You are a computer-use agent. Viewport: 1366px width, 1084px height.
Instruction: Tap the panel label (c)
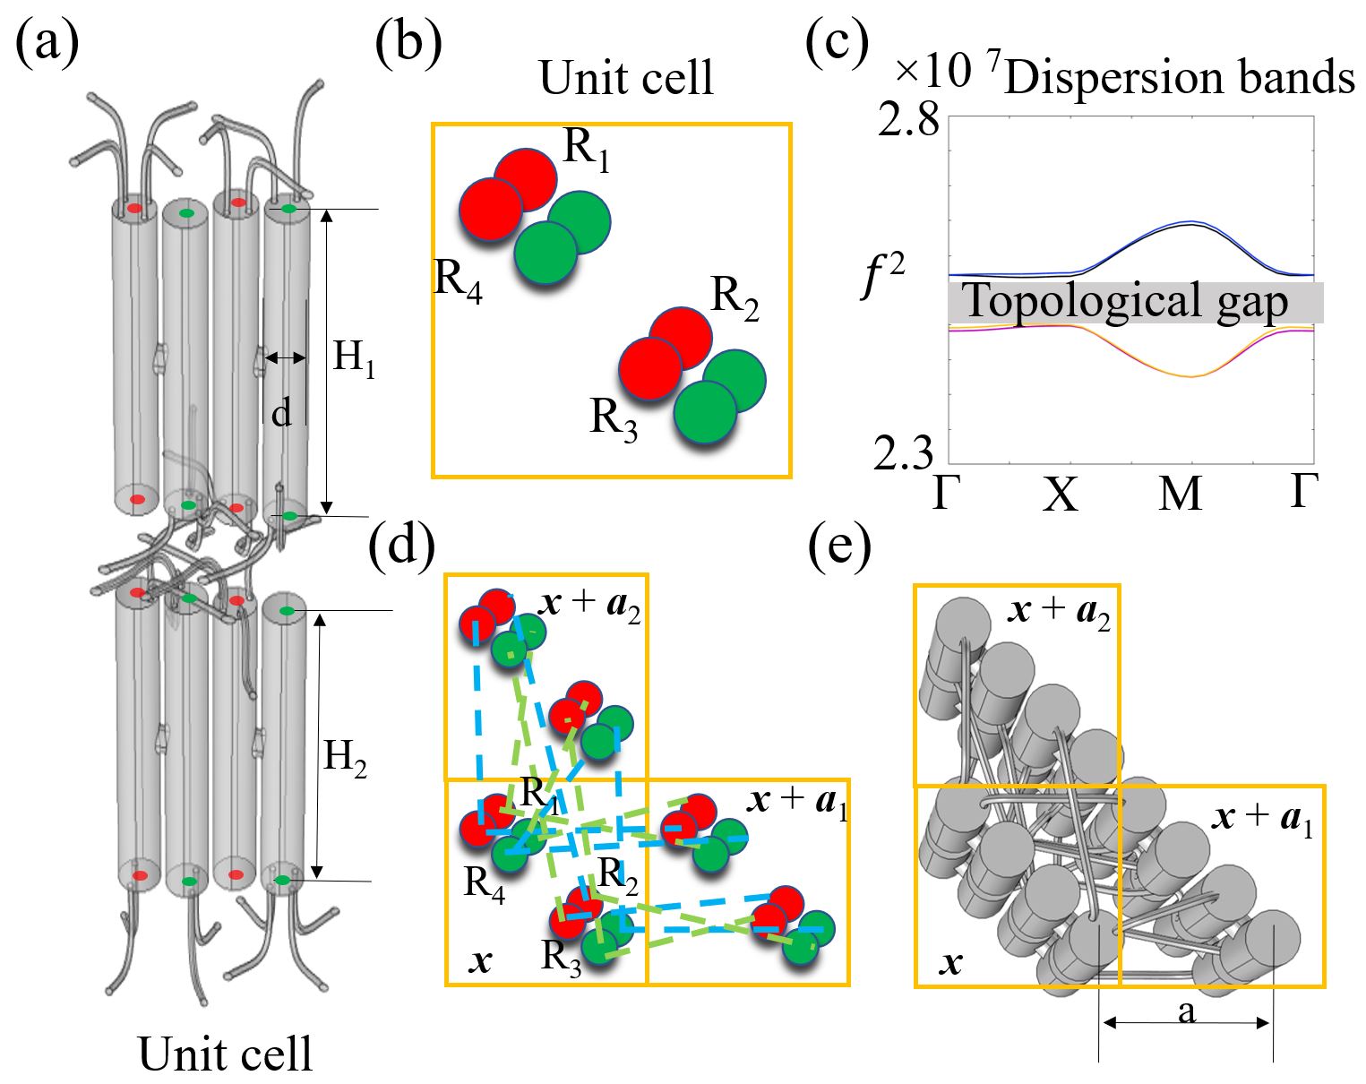point(838,43)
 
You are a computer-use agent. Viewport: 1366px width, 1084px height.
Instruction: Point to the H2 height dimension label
point(345,758)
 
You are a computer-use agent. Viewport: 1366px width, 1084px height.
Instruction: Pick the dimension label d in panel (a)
point(281,413)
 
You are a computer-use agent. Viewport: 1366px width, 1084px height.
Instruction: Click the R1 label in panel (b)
point(587,150)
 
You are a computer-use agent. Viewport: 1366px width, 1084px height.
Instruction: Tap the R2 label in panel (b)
point(735,297)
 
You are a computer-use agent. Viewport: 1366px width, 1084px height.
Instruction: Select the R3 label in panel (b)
point(614,418)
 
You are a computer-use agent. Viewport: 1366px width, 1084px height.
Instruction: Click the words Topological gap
point(1125,301)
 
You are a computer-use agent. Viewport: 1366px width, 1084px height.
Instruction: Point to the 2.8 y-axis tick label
point(908,119)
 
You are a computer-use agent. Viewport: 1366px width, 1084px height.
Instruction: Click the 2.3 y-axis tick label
point(905,454)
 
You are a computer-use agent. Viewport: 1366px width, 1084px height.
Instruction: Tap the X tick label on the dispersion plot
point(1061,494)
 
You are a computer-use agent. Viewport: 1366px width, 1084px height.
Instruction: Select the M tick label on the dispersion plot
point(1181,494)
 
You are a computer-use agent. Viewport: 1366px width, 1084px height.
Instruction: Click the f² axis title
point(882,277)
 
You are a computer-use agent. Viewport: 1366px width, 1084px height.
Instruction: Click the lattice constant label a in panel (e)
point(1187,1012)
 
